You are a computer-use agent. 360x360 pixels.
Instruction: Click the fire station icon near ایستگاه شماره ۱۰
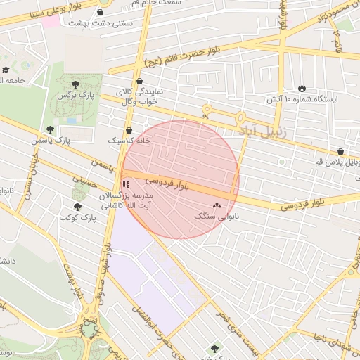302,89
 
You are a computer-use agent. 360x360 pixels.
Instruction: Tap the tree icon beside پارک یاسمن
50,129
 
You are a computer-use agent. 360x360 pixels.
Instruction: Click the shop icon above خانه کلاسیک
129,130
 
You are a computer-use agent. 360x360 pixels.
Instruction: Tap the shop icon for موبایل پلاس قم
341,151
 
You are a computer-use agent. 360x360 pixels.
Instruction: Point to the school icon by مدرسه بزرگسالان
127,184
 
